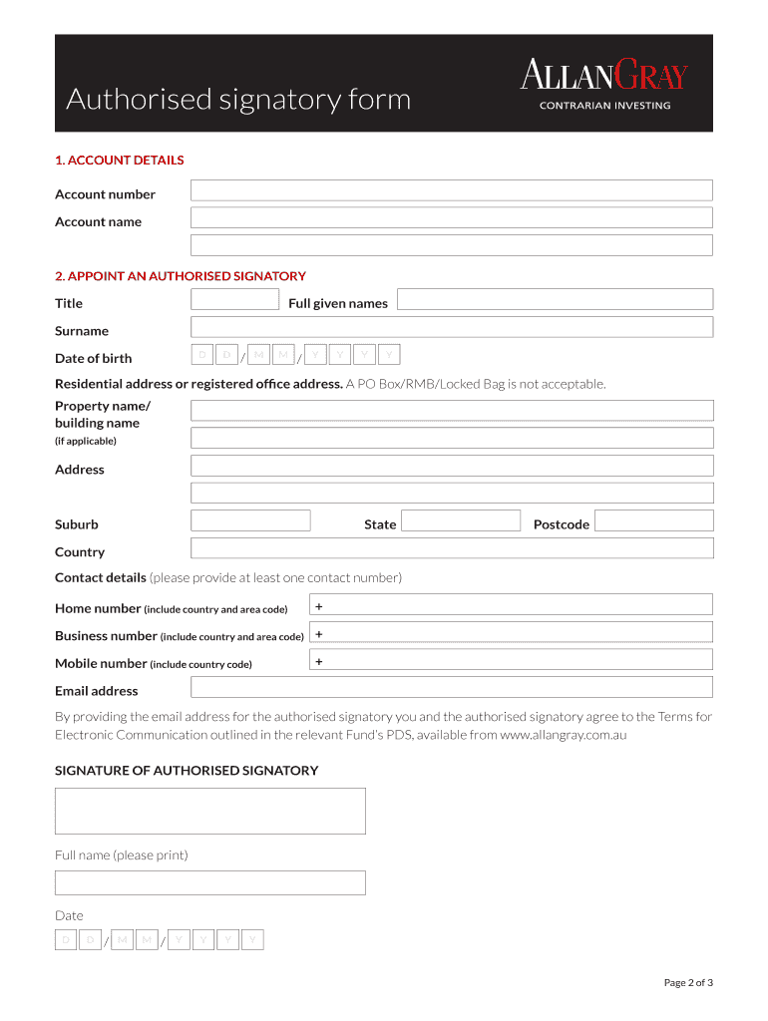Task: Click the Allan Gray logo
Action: click(x=604, y=84)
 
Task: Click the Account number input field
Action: click(x=451, y=190)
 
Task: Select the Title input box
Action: click(x=234, y=299)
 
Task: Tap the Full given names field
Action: click(x=556, y=299)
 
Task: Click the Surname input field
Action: click(x=451, y=327)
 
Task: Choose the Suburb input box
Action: click(x=250, y=520)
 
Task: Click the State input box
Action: click(x=461, y=520)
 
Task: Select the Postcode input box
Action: click(x=654, y=520)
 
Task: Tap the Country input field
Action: click(x=451, y=548)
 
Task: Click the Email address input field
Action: click(x=451, y=687)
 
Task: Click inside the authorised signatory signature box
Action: click(x=209, y=811)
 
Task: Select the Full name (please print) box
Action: click(x=209, y=882)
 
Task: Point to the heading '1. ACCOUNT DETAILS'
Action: click(x=119, y=161)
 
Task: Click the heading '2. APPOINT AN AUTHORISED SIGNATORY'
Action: click(x=180, y=276)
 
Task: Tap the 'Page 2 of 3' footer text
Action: click(x=688, y=983)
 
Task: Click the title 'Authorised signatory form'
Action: click(x=238, y=100)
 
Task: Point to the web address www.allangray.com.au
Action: click(x=563, y=735)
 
